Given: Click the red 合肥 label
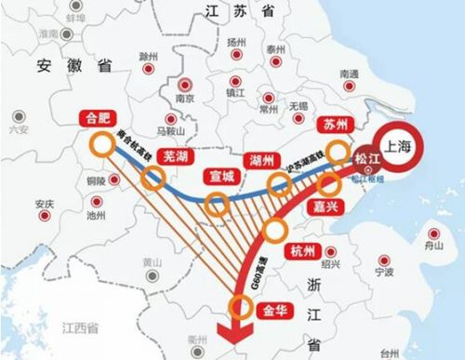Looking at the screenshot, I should coord(98,118).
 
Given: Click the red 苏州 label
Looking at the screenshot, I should coord(333,124).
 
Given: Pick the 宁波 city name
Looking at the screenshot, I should coord(383,273).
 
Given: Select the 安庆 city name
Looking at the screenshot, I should coord(43,203).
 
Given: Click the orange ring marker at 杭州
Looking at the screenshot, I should coord(275,231).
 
